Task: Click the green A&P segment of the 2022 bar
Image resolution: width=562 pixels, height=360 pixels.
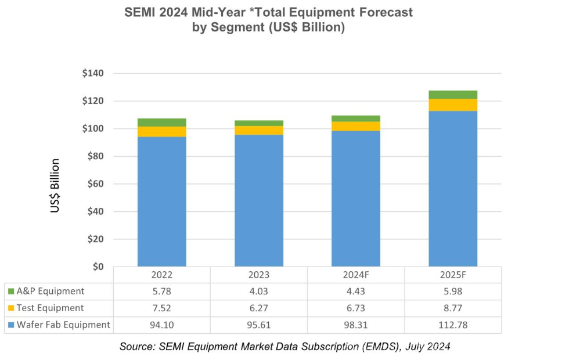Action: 161,123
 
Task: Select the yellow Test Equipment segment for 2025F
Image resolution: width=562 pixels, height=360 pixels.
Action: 453,105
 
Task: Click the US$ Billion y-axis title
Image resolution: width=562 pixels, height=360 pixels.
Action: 55,185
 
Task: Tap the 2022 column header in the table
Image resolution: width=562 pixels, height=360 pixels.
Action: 161,275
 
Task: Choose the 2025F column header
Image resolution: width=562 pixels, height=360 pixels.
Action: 453,275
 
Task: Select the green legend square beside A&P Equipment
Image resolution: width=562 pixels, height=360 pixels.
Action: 10,291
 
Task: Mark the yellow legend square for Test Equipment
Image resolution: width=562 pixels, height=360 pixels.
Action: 10,308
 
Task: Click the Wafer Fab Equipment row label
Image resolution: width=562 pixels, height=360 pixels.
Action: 63,325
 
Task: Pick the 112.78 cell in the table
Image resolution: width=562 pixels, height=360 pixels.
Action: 453,325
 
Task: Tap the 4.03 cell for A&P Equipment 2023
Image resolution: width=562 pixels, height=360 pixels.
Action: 259,291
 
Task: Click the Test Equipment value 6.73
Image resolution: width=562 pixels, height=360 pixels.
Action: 356,308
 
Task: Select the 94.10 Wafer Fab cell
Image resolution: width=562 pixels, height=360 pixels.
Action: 161,325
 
